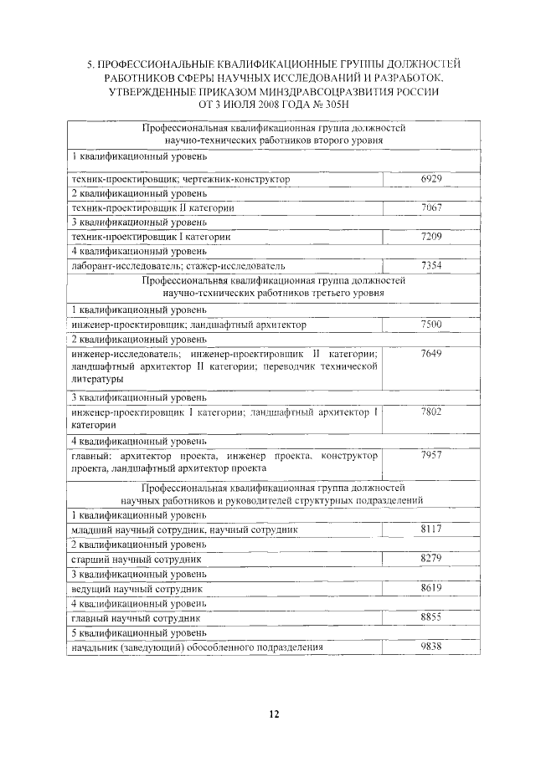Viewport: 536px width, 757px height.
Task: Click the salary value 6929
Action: [x=431, y=179]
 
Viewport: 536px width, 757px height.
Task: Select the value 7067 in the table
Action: [x=431, y=207]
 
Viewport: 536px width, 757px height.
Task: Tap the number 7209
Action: [x=431, y=237]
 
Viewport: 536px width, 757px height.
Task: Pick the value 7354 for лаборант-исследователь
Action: [x=431, y=265]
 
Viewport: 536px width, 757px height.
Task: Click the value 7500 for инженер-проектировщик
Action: [x=431, y=324]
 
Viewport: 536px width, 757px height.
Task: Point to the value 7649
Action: [x=431, y=354]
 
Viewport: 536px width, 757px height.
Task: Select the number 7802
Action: [x=431, y=412]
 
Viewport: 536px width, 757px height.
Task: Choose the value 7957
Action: [x=431, y=455]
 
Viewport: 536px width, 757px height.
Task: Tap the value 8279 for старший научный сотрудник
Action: [x=431, y=558]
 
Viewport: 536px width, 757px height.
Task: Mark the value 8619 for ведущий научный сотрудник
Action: [x=431, y=588]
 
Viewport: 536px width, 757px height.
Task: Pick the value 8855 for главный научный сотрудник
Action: [x=431, y=617]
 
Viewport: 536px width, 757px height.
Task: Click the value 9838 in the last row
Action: [x=431, y=647]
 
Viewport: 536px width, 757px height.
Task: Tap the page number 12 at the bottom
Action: [x=274, y=714]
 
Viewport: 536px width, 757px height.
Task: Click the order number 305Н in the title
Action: [x=332, y=105]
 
